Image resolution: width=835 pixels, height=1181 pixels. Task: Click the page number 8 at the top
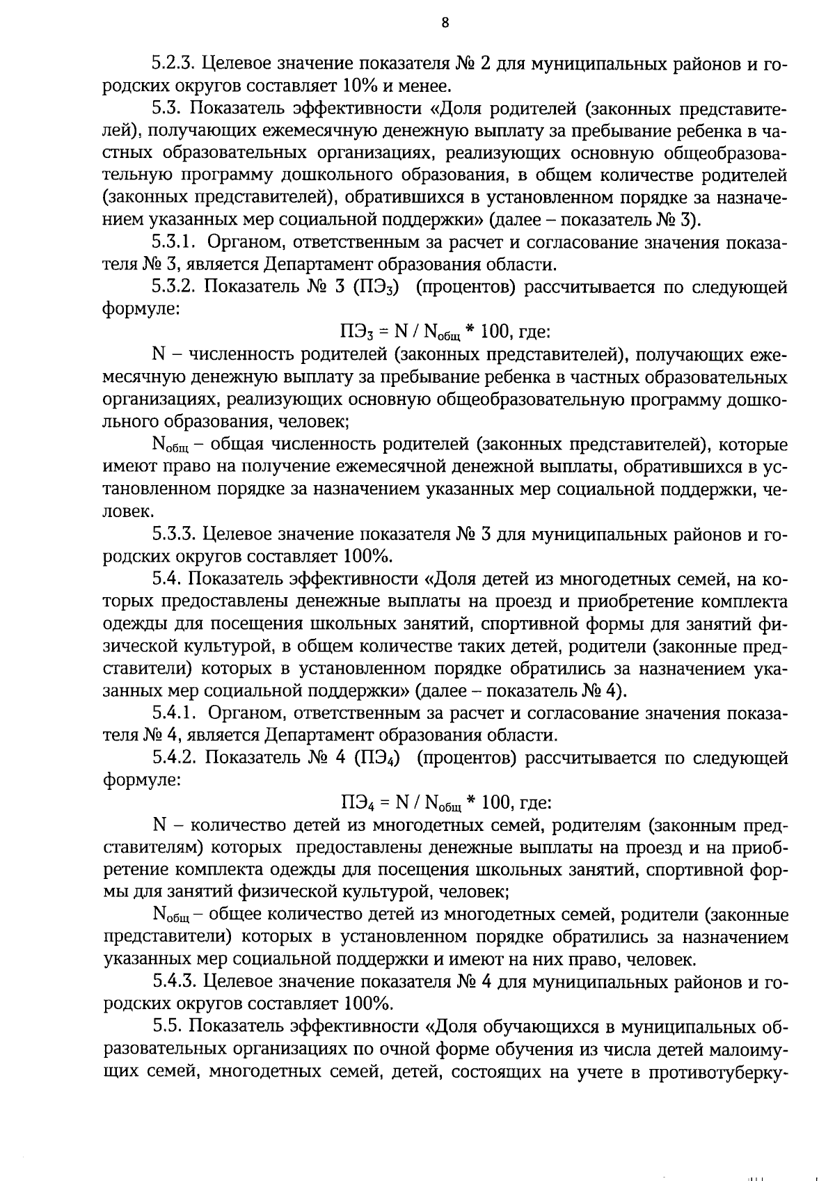tap(445, 23)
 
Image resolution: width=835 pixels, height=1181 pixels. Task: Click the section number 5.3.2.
tap(175, 287)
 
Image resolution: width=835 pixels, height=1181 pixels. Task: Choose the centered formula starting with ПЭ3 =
tap(445, 332)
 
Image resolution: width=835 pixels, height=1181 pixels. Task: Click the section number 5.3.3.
tap(175, 534)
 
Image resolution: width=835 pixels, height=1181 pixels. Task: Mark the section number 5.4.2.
tap(175, 758)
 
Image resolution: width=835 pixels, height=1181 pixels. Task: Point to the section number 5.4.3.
tap(175, 982)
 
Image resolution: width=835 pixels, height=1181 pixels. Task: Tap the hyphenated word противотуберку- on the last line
tap(717, 1072)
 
